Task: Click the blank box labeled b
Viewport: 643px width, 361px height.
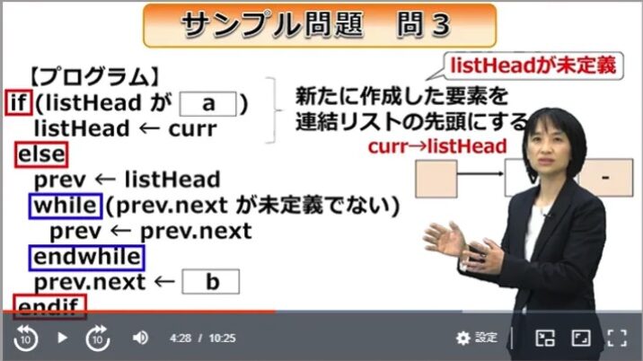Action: point(211,282)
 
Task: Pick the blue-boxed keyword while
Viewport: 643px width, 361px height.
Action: point(65,206)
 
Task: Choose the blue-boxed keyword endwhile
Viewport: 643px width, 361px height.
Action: point(85,258)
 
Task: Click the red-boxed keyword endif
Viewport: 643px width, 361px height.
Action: point(49,306)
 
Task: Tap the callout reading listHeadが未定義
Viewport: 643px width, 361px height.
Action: point(535,66)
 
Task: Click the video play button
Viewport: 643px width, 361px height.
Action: point(62,338)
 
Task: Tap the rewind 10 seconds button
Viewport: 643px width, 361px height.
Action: point(25,338)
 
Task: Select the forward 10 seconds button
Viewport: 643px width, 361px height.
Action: point(98,338)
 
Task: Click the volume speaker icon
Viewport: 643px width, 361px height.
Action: point(140,338)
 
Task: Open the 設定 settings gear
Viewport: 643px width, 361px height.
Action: point(476,338)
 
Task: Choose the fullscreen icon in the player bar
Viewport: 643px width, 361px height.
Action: point(616,338)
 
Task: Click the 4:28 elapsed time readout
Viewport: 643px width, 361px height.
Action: point(181,338)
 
